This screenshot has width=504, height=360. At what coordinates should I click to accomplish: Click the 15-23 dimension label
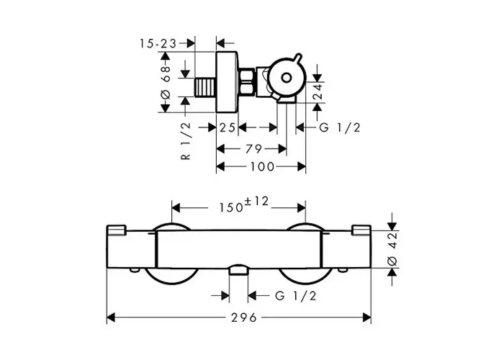[158, 43]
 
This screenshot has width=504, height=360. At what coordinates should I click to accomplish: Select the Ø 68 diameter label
[166, 82]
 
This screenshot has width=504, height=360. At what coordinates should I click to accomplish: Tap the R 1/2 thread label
[186, 141]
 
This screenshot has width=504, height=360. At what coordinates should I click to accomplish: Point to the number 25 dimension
[228, 127]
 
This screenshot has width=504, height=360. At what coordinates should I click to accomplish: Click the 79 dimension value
[254, 149]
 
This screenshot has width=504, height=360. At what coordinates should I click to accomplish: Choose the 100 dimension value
[262, 167]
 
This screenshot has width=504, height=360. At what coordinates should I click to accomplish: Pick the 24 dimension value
[318, 91]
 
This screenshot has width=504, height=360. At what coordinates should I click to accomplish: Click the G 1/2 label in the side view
[340, 127]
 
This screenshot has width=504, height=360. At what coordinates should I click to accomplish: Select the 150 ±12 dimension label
[243, 204]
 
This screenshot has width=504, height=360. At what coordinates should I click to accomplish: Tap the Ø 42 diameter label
[392, 249]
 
